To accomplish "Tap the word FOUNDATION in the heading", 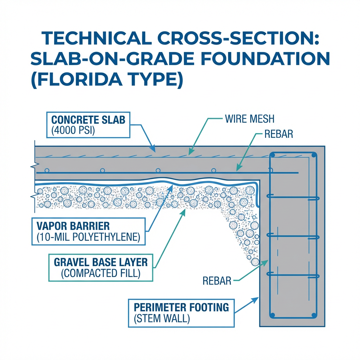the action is [266, 58].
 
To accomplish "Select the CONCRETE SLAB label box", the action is [88, 125].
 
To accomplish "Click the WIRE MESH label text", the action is [250, 119].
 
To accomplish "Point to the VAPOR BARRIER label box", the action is [88, 231].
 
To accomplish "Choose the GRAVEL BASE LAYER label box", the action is [101, 268].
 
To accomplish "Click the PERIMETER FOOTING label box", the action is [181, 313].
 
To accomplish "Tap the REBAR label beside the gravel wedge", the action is [217, 281].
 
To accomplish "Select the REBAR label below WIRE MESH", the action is [279, 134].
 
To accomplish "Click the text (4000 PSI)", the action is [73, 130].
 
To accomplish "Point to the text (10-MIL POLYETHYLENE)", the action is [88, 237].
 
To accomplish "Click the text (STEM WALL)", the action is [162, 319].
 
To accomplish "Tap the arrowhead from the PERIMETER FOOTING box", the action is [255, 300].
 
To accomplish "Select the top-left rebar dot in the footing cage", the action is [272, 155].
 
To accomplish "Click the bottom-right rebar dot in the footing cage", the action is [314, 315].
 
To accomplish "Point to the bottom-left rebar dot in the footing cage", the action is [272, 315].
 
